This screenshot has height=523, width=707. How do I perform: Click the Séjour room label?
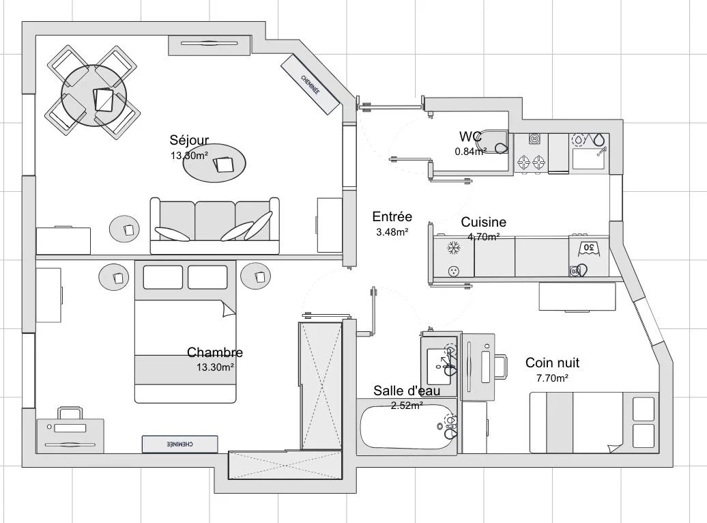pyautogui.click(x=189, y=140)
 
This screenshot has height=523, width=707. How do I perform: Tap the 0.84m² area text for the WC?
pyautogui.click(x=470, y=152)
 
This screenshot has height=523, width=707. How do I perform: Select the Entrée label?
pyautogui.click(x=392, y=216)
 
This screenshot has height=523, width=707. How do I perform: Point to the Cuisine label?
pyautogui.click(x=483, y=222)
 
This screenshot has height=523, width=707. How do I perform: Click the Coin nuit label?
pyautogui.click(x=552, y=363)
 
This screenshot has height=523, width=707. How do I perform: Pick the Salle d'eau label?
pyautogui.click(x=407, y=391)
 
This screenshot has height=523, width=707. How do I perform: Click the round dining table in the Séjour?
pyautogui.click(x=94, y=96)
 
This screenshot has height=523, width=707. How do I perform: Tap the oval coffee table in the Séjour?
pyautogui.click(x=214, y=163)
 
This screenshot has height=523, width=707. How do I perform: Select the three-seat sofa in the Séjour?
pyautogui.click(x=214, y=225)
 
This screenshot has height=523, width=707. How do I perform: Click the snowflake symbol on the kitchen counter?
pyautogui.click(x=452, y=248)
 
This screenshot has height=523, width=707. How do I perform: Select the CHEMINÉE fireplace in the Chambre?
pyautogui.click(x=180, y=444)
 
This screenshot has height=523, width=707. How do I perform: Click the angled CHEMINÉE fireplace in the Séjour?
pyautogui.click(x=311, y=85)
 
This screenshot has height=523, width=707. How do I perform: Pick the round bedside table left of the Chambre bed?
pyautogui.click(x=114, y=277)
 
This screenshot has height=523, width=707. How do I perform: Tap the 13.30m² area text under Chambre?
pyautogui.click(x=215, y=367)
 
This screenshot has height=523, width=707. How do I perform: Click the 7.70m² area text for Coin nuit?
pyautogui.click(x=552, y=378)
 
